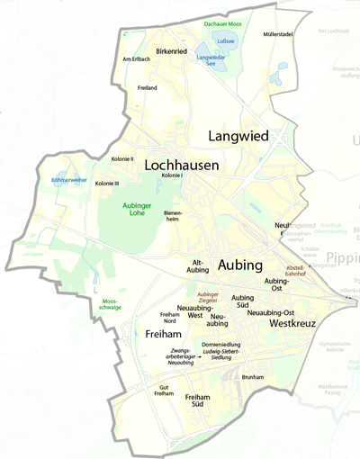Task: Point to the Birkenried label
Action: pyautogui.click(x=171, y=52)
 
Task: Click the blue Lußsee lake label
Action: pyautogui.click(x=226, y=40)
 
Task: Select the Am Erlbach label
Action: pyautogui.click(x=137, y=59)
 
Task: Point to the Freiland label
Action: pyautogui.click(x=147, y=87)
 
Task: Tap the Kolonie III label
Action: pyautogui.click(x=107, y=183)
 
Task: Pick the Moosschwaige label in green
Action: pyautogui.click(x=111, y=303)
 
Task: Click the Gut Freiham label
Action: pyautogui.click(x=163, y=390)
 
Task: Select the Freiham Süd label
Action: pyautogui.click(x=198, y=401)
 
